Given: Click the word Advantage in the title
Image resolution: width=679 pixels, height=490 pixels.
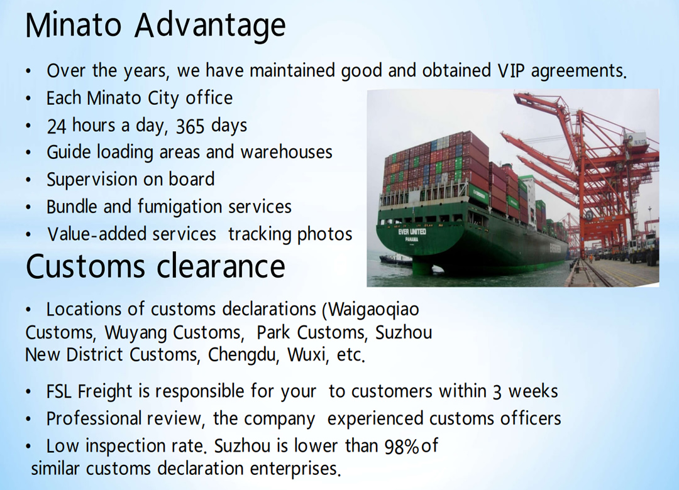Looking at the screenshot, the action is (210, 26).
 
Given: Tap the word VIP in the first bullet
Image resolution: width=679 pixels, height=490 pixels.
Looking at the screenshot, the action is (511, 70).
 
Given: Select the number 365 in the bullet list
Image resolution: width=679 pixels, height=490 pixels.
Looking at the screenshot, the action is (190, 126).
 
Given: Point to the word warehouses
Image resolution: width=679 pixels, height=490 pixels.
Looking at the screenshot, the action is (286, 152).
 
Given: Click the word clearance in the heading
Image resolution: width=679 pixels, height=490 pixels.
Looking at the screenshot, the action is (221, 266).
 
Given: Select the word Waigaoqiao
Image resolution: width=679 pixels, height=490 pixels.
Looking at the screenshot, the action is (373, 310).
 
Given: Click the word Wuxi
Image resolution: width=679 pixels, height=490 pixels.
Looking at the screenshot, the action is (306, 354).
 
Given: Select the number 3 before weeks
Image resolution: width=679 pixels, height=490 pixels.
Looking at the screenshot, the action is (497, 392).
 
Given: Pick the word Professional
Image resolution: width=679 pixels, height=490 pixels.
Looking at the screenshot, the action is (94, 418).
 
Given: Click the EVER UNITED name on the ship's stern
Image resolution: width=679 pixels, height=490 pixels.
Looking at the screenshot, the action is (412, 232).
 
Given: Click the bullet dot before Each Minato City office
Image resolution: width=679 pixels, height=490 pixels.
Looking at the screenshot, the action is (28, 99).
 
